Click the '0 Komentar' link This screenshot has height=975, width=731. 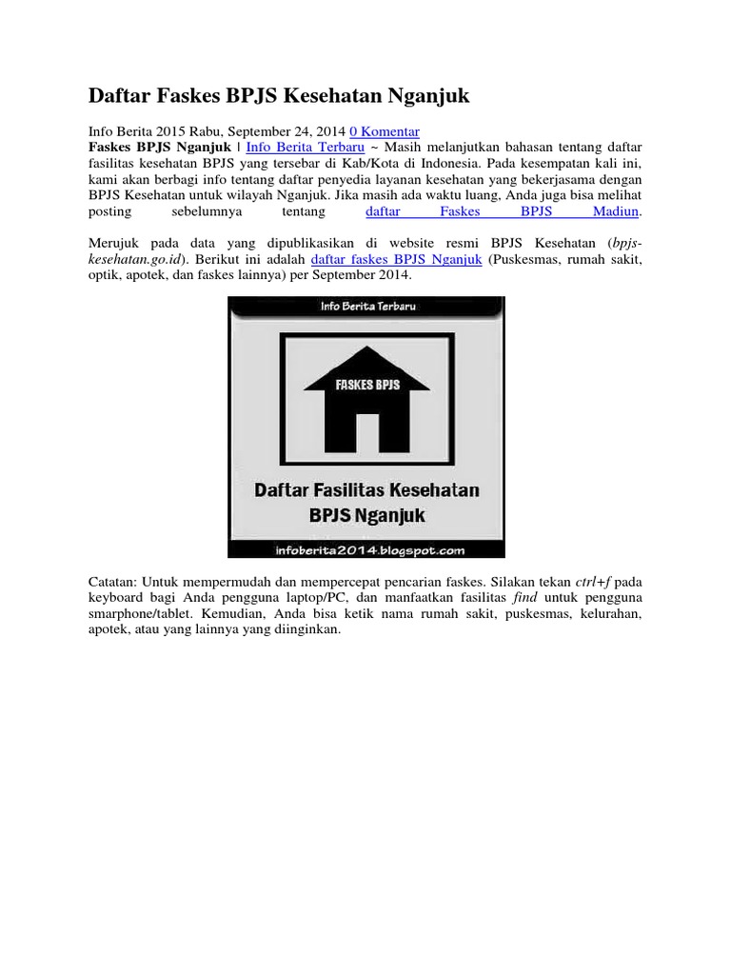385,131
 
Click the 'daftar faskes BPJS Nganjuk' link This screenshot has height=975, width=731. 396,259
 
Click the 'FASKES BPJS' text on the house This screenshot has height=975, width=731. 366,386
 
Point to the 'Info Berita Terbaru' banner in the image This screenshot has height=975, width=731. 366,307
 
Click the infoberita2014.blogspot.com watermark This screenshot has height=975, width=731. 366,548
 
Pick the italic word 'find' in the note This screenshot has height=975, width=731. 525,597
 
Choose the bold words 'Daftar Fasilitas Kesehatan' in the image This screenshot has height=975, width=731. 366,491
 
